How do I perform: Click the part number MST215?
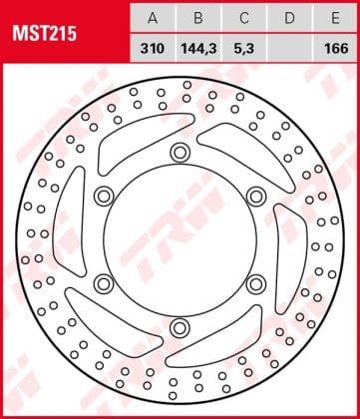(x=45, y=34)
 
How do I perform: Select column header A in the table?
(x=153, y=18)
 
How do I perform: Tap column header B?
(x=198, y=18)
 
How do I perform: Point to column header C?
(x=244, y=18)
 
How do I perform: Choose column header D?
(x=290, y=18)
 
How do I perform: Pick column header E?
(x=335, y=18)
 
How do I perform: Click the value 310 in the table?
(x=153, y=49)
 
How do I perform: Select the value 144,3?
(x=198, y=49)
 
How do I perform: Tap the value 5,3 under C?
(x=244, y=49)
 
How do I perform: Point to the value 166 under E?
(x=337, y=49)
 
